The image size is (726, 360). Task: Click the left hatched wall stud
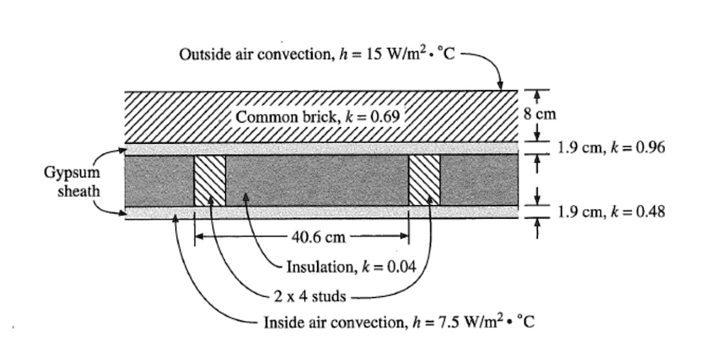(210, 181)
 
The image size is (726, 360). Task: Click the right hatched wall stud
(425, 181)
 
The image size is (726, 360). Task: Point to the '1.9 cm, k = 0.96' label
(611, 148)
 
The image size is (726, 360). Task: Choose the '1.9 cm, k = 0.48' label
(611, 211)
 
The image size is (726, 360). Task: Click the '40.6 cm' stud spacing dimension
(318, 237)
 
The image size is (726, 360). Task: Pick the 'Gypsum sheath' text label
(72, 181)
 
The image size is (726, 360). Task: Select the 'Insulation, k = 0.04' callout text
(350, 266)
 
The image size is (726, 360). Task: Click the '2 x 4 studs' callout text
(310, 296)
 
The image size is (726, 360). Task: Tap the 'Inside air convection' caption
(399, 323)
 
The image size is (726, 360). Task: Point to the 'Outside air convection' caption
(315, 55)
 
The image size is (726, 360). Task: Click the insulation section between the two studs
(317, 181)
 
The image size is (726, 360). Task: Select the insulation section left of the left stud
(160, 181)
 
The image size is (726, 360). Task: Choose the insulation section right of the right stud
(479, 181)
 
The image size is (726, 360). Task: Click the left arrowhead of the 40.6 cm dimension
(199, 237)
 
